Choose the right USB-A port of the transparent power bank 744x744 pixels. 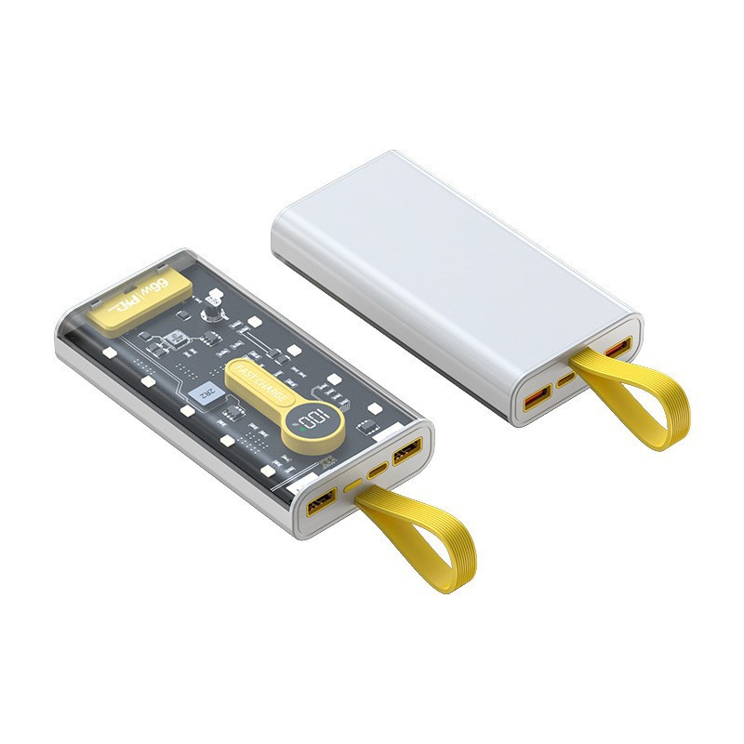406,450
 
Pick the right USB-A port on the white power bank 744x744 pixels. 618,350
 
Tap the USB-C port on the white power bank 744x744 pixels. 568,379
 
